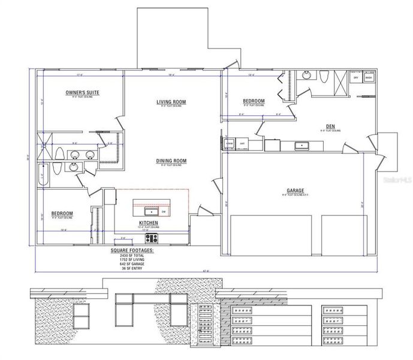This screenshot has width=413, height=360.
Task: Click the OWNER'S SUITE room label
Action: point(82,92)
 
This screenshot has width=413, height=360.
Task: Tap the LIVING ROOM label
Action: point(171,102)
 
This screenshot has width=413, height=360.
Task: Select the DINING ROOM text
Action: point(171,161)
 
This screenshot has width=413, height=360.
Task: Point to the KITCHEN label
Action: point(147,222)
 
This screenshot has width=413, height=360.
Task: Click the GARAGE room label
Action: point(295,189)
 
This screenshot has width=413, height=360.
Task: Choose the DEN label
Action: point(330,126)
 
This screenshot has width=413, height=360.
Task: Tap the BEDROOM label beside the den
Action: point(254,101)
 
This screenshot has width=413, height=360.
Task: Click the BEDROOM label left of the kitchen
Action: point(62,214)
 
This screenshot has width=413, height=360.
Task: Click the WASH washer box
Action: point(369,78)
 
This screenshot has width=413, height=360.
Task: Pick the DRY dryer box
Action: point(356,78)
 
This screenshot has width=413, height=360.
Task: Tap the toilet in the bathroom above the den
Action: point(324,77)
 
